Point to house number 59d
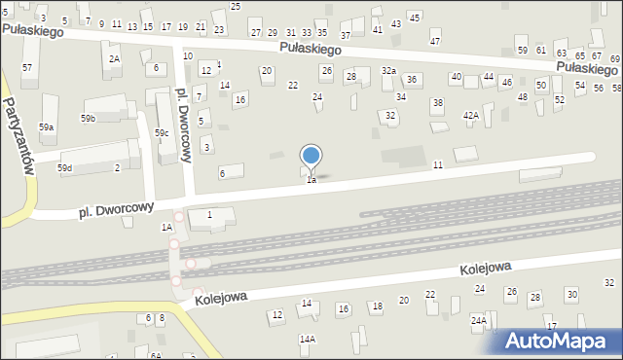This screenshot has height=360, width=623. point(64,168)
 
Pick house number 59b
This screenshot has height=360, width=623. point(89,119)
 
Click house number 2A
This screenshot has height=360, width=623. point(114,59)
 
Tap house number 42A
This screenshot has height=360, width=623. point(471,115)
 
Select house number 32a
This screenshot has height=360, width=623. point(388,70)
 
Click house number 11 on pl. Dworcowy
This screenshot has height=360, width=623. point(438,165)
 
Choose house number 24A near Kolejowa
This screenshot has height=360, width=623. point(479,319)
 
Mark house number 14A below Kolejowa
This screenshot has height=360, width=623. point(308,339)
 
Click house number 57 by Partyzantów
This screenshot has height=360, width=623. point(27,67)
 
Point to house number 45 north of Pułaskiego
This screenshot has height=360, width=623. point(415,18)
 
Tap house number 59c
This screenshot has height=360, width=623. point(162,131)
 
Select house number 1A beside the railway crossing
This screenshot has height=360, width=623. point(166,227)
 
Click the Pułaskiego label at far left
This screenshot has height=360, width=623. point(31,31)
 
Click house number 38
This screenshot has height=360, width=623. point(438,102)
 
